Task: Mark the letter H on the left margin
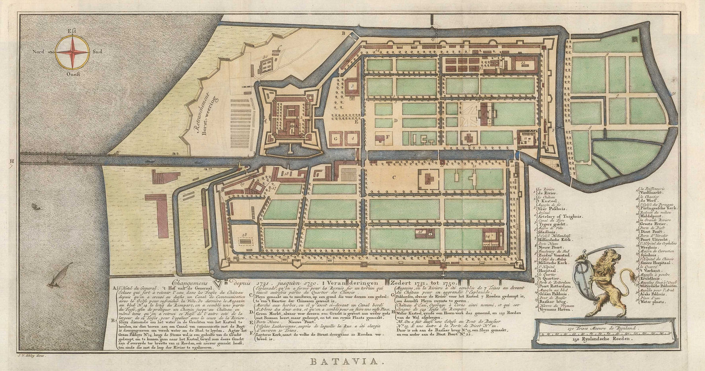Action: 11,162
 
